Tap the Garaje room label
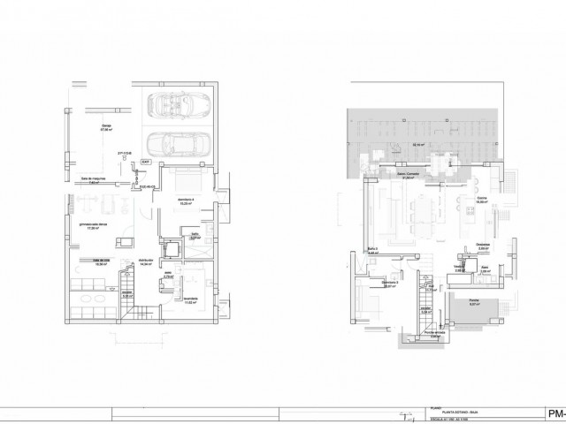[105, 128]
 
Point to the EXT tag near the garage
[146, 163]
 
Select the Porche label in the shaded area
[473, 301]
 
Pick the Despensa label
[483, 248]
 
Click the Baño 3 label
[372, 250]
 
